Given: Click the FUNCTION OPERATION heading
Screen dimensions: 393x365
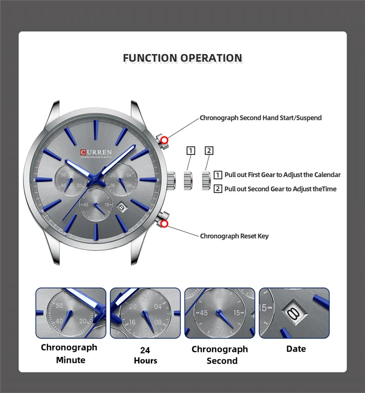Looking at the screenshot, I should click(182, 58).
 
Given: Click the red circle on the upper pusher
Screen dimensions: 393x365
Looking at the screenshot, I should click(164, 141).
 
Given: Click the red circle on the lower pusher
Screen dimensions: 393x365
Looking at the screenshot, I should click(164, 224).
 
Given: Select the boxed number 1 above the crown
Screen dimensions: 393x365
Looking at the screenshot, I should click(191, 150).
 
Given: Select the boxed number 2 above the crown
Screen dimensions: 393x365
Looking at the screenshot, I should click(209, 150).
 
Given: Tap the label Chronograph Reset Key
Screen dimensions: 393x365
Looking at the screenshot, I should click(234, 236).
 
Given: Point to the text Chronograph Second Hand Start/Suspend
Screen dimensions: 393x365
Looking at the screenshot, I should click(260, 118).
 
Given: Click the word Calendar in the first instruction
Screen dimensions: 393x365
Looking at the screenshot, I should click(328, 175).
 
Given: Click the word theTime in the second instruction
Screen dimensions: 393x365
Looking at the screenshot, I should click(322, 189).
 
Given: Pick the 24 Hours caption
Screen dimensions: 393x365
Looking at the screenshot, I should click(145, 355).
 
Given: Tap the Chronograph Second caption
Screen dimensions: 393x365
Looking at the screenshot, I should click(219, 355).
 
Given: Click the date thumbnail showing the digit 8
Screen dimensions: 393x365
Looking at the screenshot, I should click(294, 313).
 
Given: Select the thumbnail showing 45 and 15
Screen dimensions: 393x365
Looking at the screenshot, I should click(220, 313).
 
